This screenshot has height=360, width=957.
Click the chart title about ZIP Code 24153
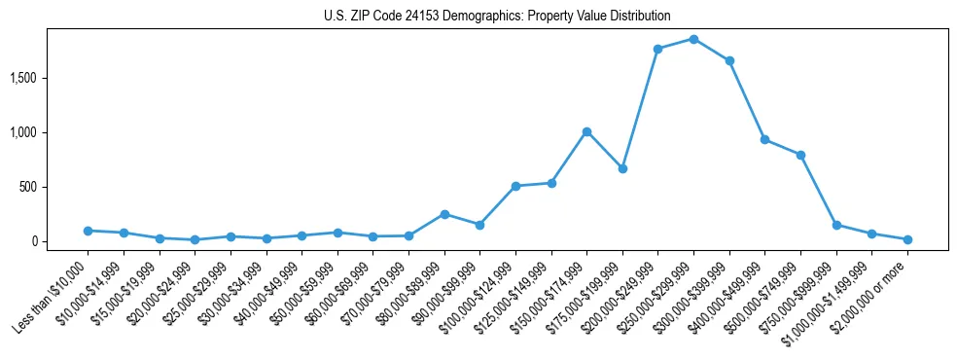coord(497,17)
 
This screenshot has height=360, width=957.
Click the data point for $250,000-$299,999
coord(693,39)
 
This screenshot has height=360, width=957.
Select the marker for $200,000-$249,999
coord(658,49)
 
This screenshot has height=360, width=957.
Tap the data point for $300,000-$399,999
coord(729,60)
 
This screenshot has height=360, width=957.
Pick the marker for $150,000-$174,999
coord(586,131)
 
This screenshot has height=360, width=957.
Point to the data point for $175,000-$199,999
coord(622,168)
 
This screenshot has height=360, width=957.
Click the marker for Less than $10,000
coord(88,231)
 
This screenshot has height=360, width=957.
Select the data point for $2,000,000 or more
coord(907,239)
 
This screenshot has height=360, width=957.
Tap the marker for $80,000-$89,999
coord(444,214)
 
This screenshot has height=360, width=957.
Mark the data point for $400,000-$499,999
coord(765,139)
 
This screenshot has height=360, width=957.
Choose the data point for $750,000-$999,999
coord(836,225)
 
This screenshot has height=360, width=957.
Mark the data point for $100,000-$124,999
coord(515,186)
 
